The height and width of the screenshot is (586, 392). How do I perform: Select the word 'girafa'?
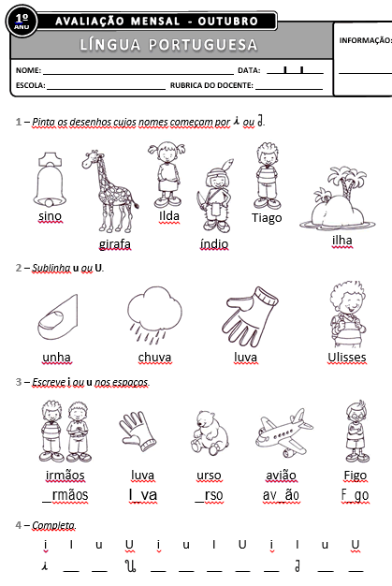(x=114, y=244)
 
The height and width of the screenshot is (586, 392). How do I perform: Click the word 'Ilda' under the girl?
(x=169, y=216)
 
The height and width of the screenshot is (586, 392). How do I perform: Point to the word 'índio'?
(x=213, y=243)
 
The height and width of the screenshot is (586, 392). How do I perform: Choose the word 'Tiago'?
(x=267, y=218)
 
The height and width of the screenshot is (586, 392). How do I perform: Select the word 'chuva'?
(x=154, y=358)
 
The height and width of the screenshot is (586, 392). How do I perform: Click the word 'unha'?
(x=57, y=358)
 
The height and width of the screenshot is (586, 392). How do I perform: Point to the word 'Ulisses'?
(x=346, y=358)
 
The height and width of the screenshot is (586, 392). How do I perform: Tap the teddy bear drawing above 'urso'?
(x=208, y=433)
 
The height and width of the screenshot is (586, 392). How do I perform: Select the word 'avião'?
(x=282, y=475)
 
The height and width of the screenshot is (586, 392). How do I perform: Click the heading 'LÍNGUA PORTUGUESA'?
(x=168, y=45)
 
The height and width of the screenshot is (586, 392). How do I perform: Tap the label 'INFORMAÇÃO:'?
(x=365, y=40)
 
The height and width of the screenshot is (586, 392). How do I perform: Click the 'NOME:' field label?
(x=28, y=70)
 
